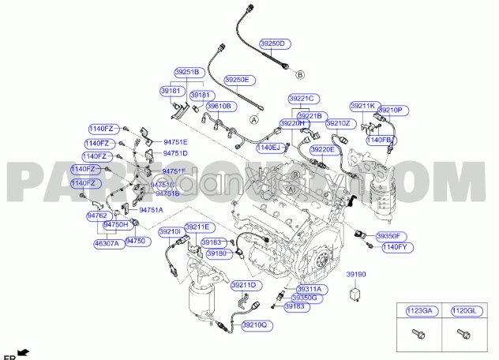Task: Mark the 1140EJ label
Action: [268, 147]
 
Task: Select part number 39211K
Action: [363, 105]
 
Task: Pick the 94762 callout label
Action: [96, 215]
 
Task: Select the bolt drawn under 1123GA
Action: [417, 335]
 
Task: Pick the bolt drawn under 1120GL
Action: [463, 335]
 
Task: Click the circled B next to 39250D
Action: [300, 74]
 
